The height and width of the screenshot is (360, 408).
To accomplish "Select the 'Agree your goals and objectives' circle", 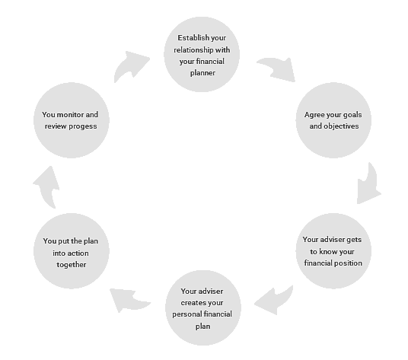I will pyautogui.click(x=333, y=120).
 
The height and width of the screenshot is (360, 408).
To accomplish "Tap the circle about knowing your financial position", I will pyautogui.click(x=333, y=250).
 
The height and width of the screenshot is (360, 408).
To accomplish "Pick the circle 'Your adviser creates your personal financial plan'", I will pyautogui.click(x=202, y=307).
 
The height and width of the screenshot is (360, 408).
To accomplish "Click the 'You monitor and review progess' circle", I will pyautogui.click(x=71, y=120).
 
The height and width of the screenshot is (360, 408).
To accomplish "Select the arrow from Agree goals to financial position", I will pyautogui.click(x=368, y=183).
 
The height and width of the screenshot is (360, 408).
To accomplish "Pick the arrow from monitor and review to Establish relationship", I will pyautogui.click(x=131, y=66).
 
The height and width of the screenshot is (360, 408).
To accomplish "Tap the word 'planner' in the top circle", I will pyautogui.click(x=202, y=73).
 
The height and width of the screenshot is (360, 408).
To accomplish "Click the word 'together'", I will pyautogui.click(x=71, y=265).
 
